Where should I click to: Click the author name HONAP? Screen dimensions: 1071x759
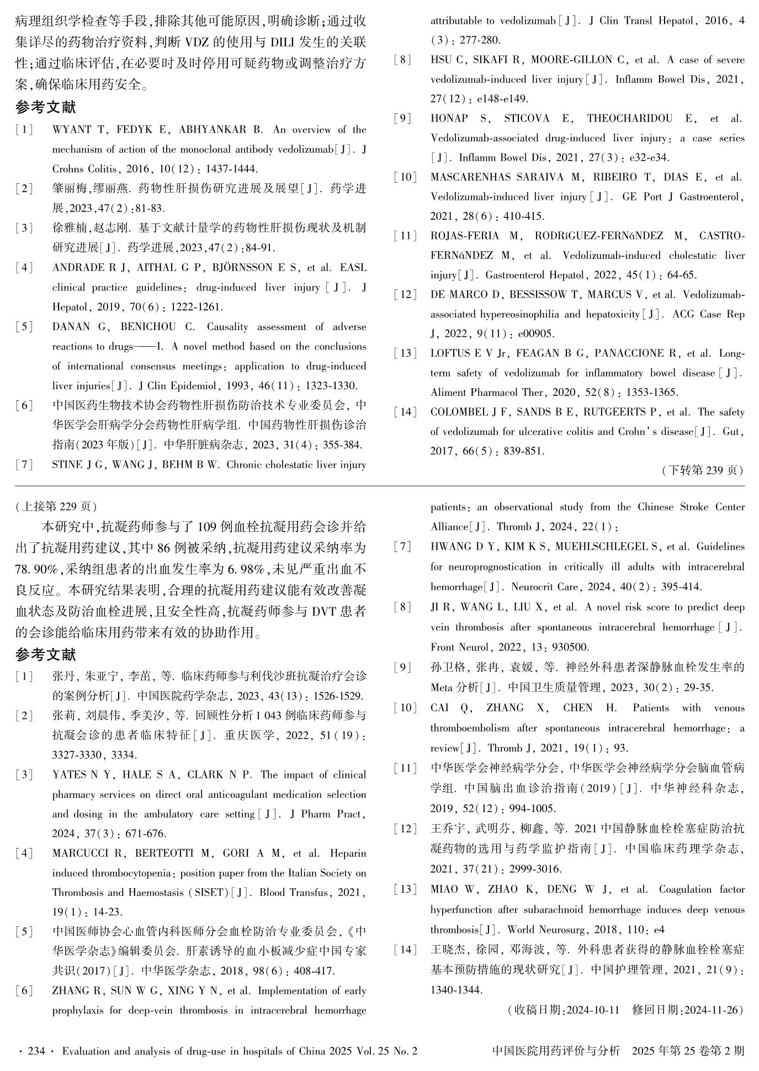449,119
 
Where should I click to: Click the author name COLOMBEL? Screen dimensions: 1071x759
456,412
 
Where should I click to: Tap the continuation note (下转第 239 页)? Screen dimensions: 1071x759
702,470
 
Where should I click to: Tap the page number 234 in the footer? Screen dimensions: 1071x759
36,1051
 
